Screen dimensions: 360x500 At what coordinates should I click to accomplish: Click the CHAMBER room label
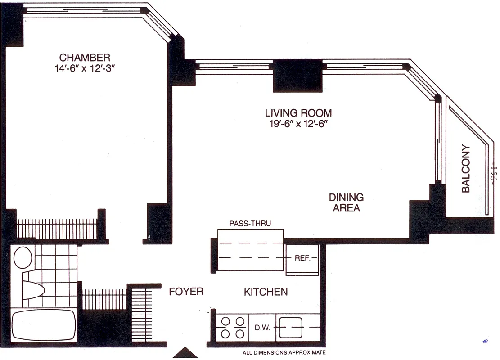(x=85, y=58)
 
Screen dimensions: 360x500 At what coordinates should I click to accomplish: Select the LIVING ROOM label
(x=298, y=113)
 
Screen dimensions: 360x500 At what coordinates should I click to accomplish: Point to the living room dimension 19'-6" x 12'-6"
(x=298, y=124)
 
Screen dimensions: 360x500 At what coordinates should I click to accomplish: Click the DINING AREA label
(x=346, y=202)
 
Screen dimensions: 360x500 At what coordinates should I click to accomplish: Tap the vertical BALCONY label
(x=466, y=169)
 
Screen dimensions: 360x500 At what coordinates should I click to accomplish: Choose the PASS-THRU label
(x=250, y=223)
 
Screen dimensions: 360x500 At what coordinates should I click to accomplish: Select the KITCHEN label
(x=266, y=292)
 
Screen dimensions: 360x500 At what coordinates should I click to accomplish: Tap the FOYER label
(x=186, y=292)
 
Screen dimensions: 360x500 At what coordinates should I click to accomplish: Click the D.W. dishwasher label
(x=262, y=327)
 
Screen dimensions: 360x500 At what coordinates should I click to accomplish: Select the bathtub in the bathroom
(x=43, y=325)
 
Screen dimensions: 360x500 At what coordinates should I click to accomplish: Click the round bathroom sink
(x=23, y=258)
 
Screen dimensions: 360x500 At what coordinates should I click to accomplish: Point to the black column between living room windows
(x=297, y=76)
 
